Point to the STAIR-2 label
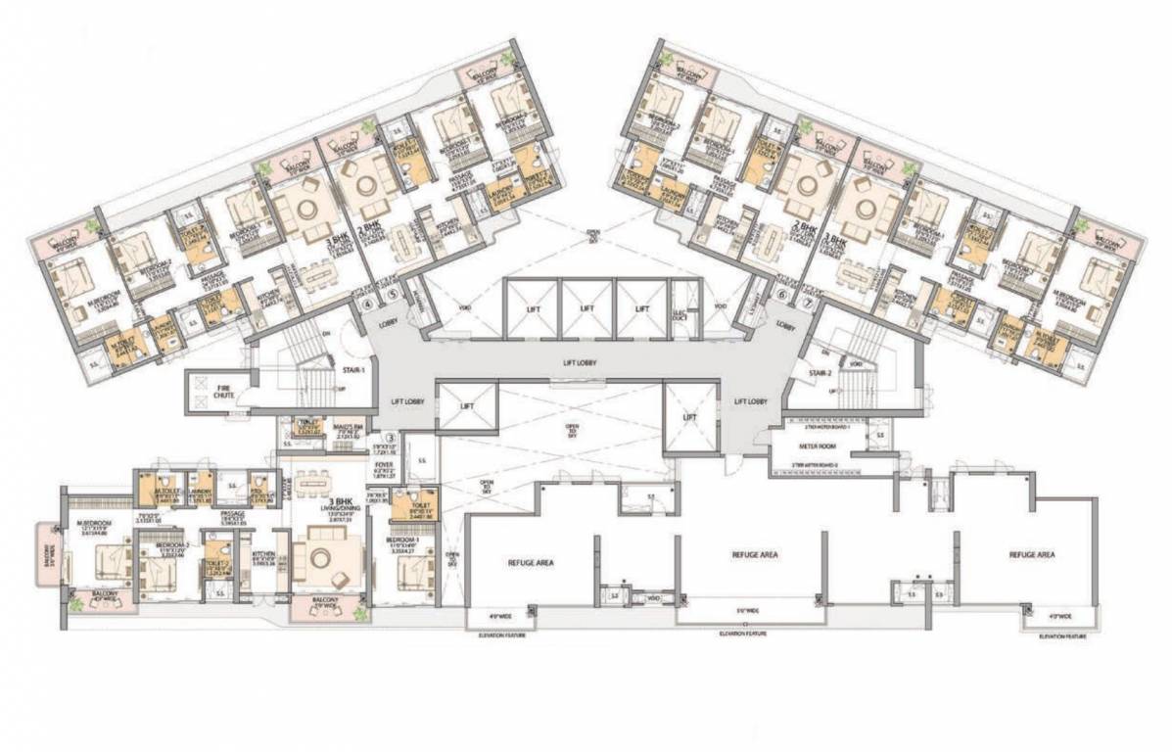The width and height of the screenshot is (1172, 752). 820,373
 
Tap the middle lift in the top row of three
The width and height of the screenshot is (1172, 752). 586,307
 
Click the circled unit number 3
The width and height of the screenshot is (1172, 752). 389,438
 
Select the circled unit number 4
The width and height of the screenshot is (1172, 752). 368,305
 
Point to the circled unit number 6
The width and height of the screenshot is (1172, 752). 782,292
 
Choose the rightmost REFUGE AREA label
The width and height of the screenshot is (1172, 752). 1032,554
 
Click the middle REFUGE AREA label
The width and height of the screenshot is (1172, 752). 755,554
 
